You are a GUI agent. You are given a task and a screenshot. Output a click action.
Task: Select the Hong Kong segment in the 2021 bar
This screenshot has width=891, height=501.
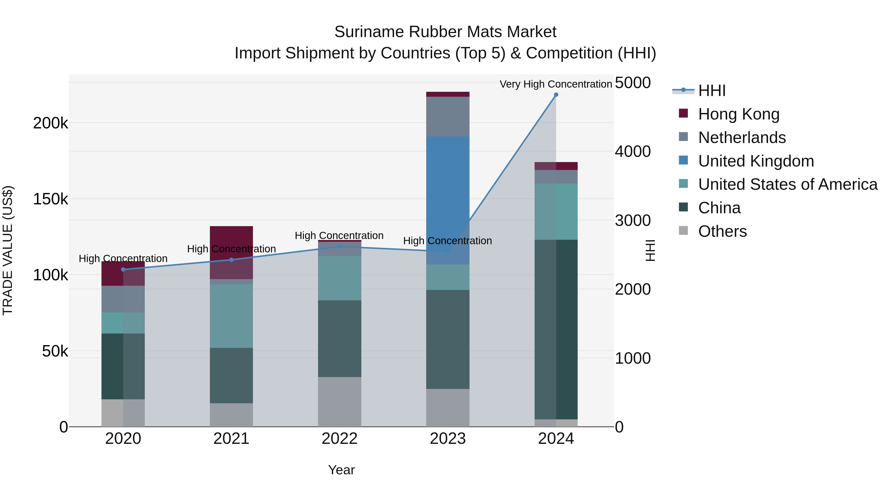(231, 242)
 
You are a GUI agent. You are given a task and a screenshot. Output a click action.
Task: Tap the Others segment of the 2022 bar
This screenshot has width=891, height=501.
(339, 402)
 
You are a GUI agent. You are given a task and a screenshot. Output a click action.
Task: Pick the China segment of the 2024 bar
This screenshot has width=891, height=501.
(556, 329)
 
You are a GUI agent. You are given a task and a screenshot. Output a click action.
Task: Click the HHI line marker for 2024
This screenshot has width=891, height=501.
(556, 95)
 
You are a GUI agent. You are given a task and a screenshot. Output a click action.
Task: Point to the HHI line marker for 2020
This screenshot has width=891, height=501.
(123, 269)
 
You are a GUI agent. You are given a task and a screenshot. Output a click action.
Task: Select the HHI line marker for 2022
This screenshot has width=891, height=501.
(339, 246)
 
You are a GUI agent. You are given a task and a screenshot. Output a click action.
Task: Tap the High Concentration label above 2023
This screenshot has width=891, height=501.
(447, 241)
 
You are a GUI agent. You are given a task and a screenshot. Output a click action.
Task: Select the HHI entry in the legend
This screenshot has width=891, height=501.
(712, 91)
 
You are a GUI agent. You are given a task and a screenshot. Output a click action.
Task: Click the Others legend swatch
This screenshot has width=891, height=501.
(683, 231)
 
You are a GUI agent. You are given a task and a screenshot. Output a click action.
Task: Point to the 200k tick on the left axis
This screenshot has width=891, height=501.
(50, 123)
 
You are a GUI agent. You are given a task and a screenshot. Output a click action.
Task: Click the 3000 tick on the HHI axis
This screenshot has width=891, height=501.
(632, 221)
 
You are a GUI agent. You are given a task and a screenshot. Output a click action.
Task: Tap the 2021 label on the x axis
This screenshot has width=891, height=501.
(231, 438)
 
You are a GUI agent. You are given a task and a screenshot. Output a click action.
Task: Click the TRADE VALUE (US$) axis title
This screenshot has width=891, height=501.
(8, 250)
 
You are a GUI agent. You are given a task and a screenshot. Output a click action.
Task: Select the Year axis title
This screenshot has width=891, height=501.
(341, 470)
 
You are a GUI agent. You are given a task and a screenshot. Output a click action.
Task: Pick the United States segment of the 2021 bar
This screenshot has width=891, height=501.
(231, 316)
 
